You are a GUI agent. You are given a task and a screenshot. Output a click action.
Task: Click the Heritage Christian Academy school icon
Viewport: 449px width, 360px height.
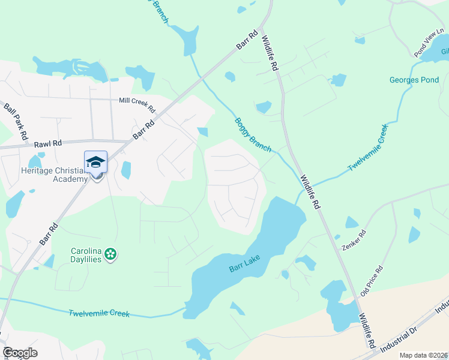[x=95, y=163]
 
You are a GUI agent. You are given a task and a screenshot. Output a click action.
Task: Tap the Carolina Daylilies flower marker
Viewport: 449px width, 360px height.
[x=110, y=254]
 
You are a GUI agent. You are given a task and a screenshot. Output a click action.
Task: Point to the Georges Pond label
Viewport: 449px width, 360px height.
[x=414, y=80]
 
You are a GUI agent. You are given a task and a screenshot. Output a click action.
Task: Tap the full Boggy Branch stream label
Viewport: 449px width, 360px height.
[x=252, y=134]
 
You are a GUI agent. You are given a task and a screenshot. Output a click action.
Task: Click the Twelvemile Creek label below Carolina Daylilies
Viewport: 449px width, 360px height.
[x=98, y=313]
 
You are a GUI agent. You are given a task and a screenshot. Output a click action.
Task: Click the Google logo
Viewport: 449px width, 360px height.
[x=20, y=353]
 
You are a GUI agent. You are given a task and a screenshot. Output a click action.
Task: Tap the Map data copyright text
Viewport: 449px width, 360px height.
[x=423, y=355]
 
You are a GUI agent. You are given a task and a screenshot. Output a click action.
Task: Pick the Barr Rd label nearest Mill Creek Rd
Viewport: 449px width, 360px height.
[x=143, y=128]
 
